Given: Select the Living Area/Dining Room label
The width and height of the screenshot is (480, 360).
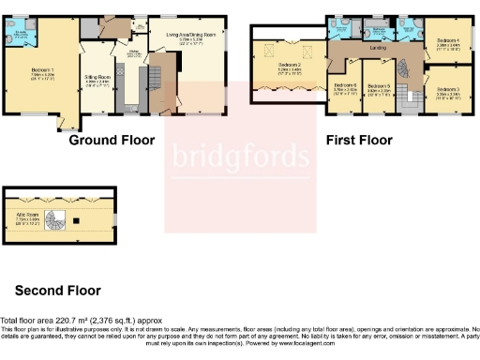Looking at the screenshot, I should tap(192, 37).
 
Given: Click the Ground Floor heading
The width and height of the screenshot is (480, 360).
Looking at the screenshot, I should tap(112, 141).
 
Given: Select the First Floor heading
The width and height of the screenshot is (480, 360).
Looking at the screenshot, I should tap(358, 141).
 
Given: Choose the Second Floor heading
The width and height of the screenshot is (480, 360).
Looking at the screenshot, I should tap(58, 291).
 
